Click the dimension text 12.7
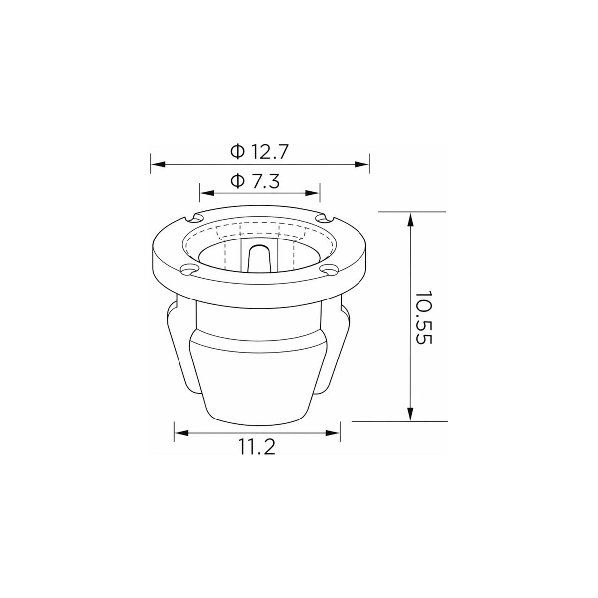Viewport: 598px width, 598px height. [270, 152]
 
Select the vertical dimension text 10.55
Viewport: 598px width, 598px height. [423, 317]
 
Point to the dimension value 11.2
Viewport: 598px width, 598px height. [257, 447]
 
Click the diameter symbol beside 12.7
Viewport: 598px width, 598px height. [238, 151]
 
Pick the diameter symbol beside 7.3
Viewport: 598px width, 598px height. [238, 181]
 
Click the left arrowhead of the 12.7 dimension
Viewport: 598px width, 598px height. [158, 164]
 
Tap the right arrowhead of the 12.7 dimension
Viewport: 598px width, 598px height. [362, 164]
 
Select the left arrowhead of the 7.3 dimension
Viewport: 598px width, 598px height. [207, 193]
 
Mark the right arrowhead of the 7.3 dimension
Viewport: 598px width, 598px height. [312, 193]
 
